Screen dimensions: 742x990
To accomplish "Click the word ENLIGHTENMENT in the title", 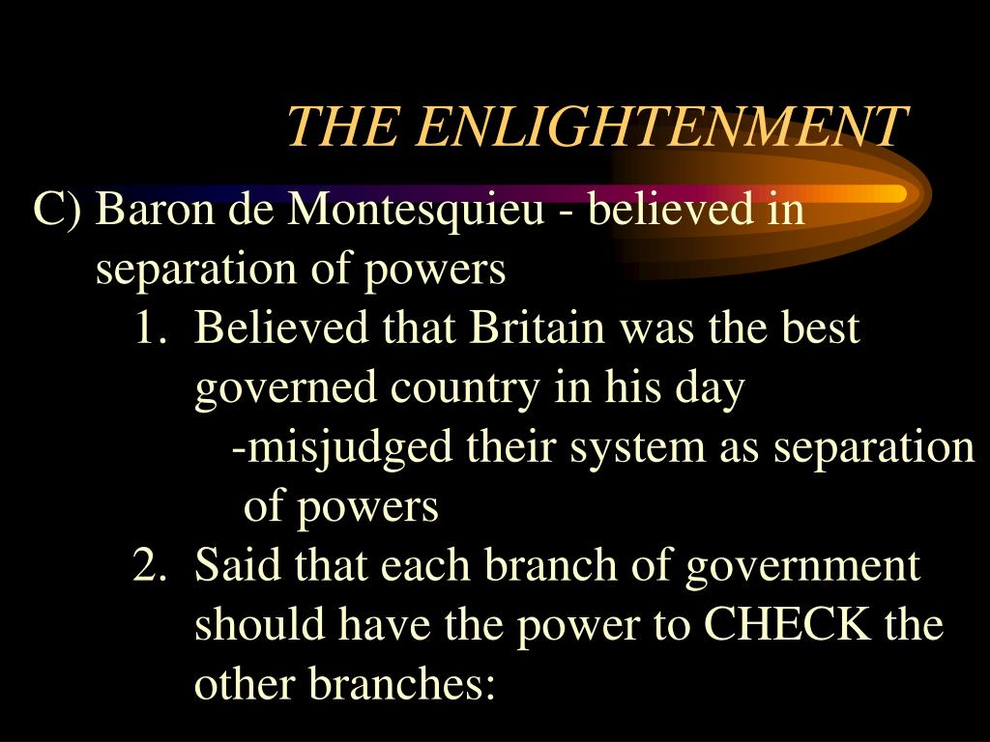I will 663,127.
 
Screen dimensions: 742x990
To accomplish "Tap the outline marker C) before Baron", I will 60,209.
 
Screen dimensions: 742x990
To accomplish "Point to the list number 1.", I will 147,328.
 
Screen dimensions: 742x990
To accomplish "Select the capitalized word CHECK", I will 786,626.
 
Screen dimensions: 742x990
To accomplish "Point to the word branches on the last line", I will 401,685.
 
